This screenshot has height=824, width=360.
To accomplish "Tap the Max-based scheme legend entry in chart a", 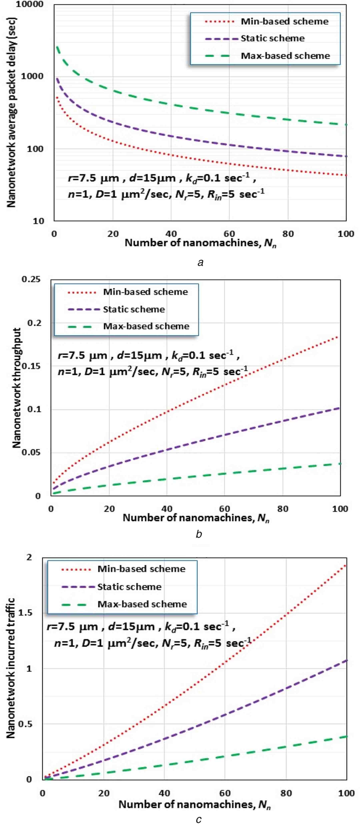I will [285, 56].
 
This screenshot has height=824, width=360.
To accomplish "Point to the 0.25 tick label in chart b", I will [31, 279].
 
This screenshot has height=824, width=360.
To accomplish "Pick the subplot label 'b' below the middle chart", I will [199, 534].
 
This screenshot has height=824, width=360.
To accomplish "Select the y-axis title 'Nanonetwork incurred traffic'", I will [11, 669].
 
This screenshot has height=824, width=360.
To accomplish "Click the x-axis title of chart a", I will [200, 243].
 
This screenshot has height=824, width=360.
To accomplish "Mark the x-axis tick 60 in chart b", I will [224, 509].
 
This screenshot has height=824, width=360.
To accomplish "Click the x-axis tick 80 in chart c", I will [286, 793].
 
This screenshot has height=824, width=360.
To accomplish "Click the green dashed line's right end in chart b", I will [340, 463].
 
